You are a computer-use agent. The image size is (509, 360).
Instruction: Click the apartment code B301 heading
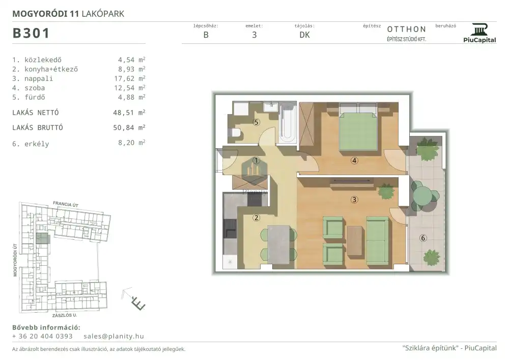point(31,33)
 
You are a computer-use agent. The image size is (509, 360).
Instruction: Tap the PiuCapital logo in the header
point(479,33)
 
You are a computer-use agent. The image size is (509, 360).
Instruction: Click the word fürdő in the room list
point(35,97)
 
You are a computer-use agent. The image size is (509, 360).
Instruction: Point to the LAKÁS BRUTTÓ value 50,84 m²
point(129,128)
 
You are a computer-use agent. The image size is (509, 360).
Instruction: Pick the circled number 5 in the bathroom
point(257,122)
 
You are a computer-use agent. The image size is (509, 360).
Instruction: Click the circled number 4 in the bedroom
point(354,160)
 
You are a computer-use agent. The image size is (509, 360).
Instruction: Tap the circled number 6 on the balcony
point(422,238)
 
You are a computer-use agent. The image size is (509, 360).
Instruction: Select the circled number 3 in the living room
point(354,200)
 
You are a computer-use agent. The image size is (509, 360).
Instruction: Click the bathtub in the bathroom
point(288,122)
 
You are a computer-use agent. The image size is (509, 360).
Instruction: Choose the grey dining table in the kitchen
point(278,244)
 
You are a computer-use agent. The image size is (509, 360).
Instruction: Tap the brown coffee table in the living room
point(354,240)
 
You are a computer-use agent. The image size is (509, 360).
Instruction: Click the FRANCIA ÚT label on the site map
point(66,204)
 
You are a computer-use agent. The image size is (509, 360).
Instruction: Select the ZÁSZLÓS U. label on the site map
point(65,315)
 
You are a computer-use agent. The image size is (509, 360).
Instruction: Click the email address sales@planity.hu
point(114,336)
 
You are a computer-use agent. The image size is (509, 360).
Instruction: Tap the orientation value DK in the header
point(304,35)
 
